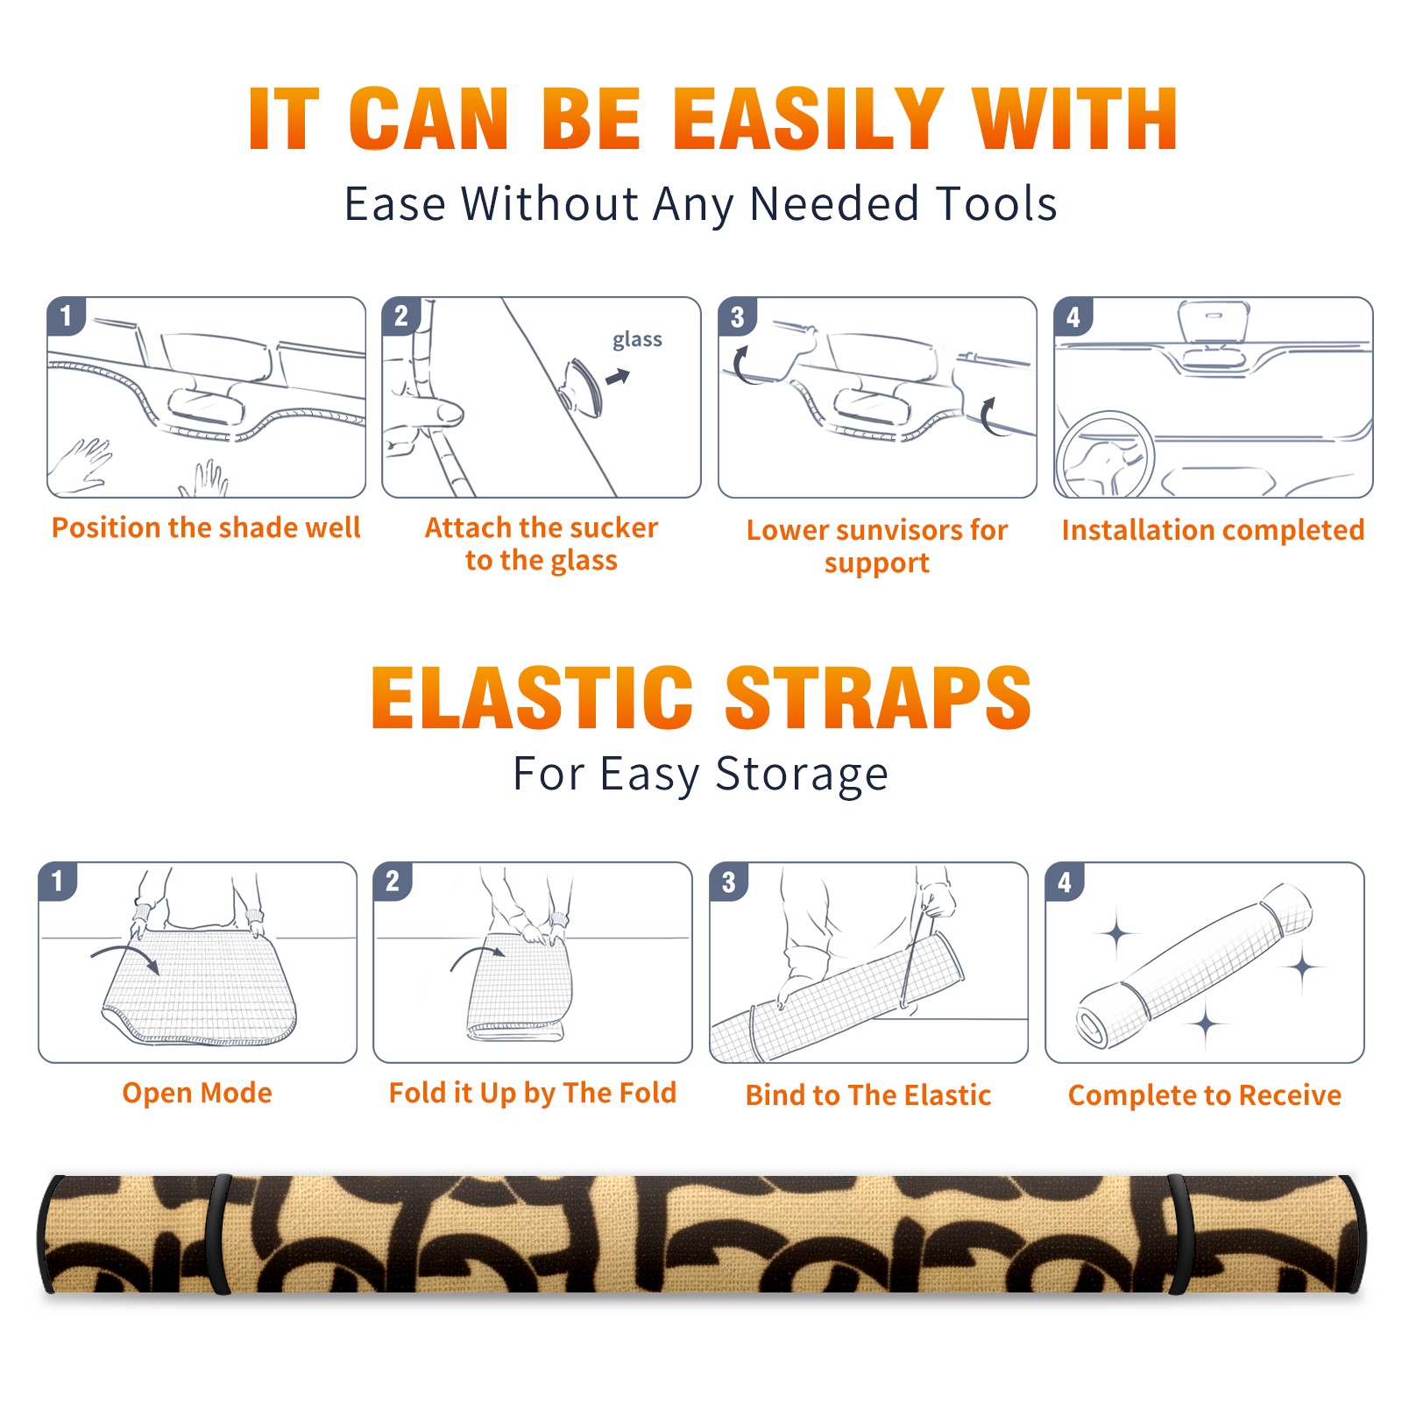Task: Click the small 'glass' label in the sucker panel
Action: pos(637,339)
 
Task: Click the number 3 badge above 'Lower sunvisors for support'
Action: pos(737,316)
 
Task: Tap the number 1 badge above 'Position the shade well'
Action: pos(67,315)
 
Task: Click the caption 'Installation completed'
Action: pos(1213,529)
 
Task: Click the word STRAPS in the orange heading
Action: pos(878,697)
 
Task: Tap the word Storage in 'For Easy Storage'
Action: pos(802,775)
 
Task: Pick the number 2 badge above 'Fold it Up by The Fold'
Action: pos(393,881)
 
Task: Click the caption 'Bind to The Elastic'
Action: pos(867,1094)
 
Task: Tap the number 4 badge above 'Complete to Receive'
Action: pos(1065,881)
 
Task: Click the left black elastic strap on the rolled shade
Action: pos(217,1234)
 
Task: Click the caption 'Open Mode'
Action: pos(197,1093)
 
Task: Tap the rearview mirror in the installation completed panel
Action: pos(1214,322)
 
